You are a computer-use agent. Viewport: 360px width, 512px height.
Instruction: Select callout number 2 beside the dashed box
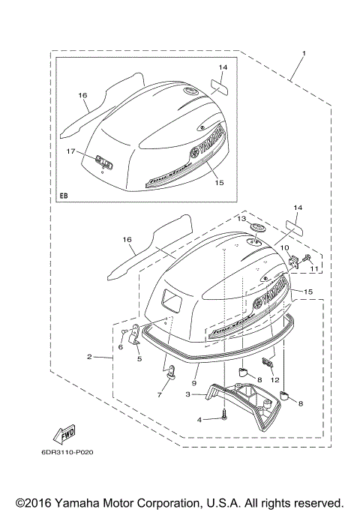click(90, 357)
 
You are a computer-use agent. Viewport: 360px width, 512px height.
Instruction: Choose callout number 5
click(138, 359)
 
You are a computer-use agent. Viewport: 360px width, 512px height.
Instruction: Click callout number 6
click(120, 347)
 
